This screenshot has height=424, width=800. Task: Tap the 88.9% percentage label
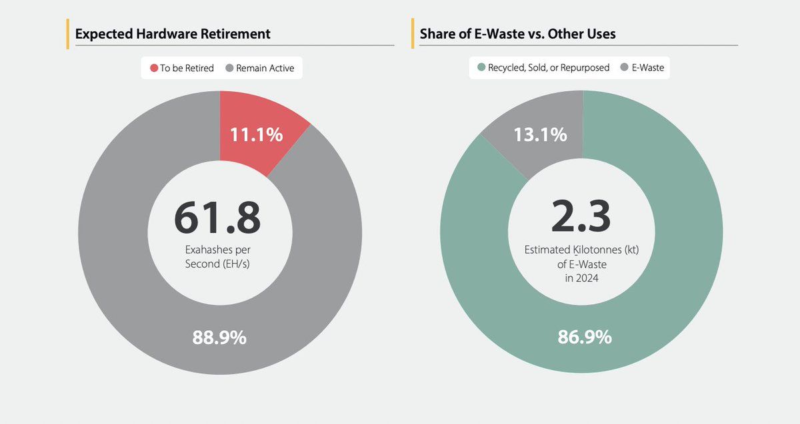pos(219,337)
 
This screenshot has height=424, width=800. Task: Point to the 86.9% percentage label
pos(584,337)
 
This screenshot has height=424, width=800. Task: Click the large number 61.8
pos(217,218)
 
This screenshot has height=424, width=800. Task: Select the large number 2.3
pos(581,218)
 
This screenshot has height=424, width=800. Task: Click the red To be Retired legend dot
pos(153,68)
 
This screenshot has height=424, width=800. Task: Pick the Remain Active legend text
pos(265,68)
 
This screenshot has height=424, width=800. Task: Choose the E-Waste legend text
pos(649,67)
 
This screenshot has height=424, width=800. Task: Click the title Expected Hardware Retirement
pos(173,34)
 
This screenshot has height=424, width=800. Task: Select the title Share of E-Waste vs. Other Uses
pos(517,33)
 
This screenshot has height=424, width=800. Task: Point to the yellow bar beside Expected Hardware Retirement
pos(68,34)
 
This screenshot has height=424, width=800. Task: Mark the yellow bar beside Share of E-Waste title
pos(413,33)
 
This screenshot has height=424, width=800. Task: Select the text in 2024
pos(581,278)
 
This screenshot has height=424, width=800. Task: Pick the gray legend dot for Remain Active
pos(229,68)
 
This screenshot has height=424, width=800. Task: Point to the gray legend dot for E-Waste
pos(625,67)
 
